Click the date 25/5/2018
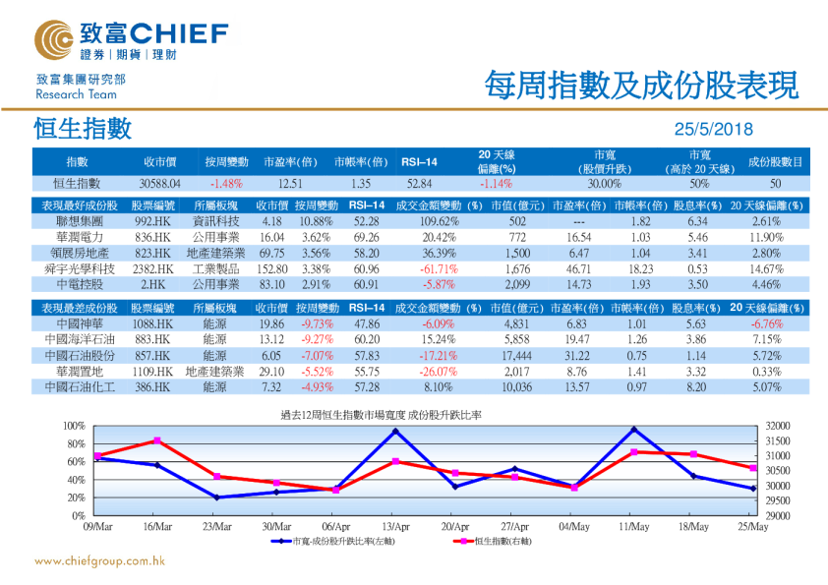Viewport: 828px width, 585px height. (712, 130)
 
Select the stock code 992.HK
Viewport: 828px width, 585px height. (153, 221)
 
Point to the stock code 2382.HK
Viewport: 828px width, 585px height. (153, 268)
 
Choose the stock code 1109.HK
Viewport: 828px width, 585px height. (153, 371)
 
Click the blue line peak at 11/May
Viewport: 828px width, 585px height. (633, 430)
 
